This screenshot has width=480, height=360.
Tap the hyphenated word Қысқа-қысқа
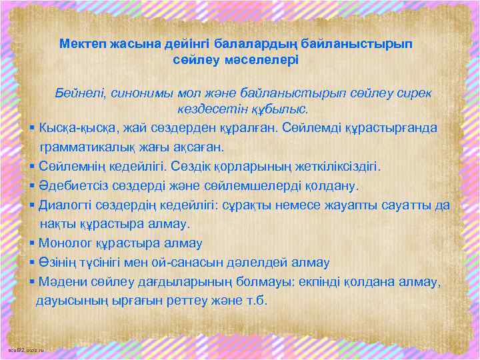coord(75,127)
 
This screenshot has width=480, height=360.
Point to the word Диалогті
coord(65,205)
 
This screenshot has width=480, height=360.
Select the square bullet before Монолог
coord(33,244)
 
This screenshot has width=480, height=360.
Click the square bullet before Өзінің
coord(33,263)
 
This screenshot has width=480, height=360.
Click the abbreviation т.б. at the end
coord(255,301)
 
